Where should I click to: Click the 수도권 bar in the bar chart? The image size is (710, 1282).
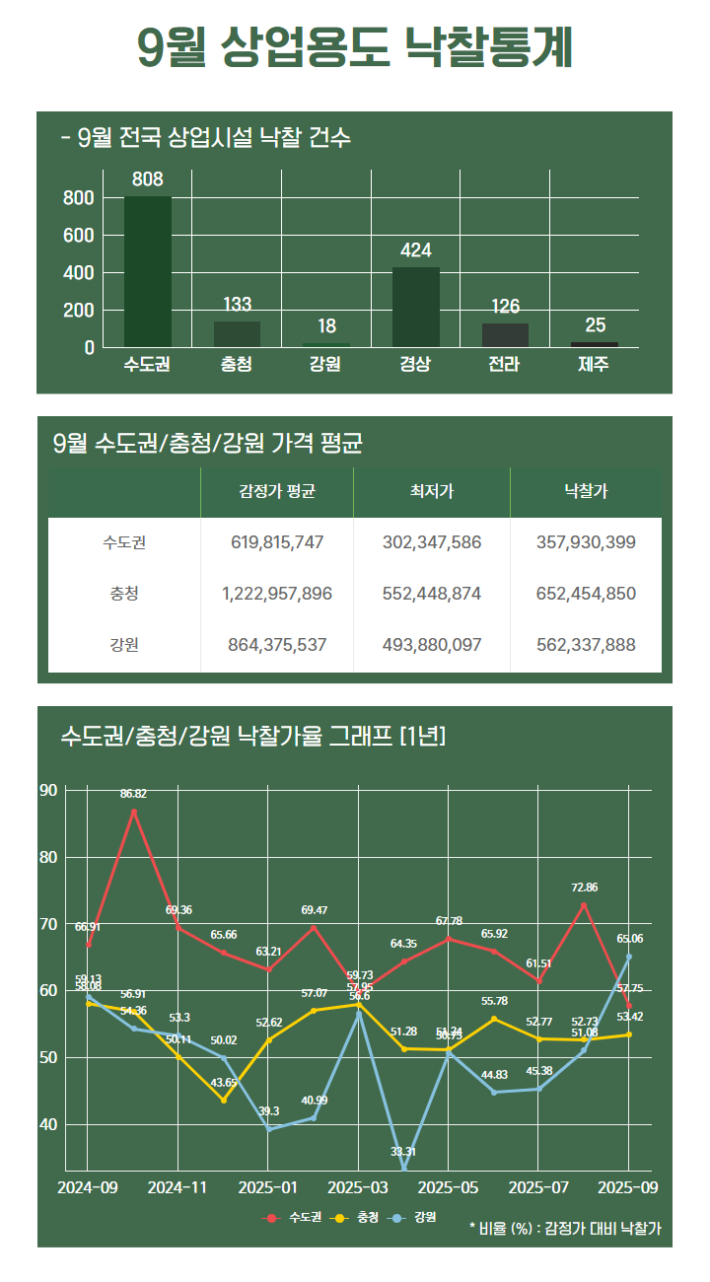[x=148, y=271]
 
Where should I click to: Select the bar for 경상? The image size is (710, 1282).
[x=416, y=307]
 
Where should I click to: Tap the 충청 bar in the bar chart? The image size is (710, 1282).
[x=237, y=334]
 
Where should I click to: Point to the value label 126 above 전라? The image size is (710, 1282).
[x=506, y=307]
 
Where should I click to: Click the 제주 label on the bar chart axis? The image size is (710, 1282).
[x=595, y=364]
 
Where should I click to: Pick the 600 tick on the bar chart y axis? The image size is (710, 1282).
[x=81, y=236]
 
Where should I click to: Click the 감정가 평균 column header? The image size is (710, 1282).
[x=277, y=491]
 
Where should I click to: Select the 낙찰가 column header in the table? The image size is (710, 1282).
[x=586, y=491]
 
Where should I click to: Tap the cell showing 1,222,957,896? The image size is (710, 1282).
[x=277, y=594]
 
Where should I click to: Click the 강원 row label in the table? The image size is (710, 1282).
[x=124, y=645]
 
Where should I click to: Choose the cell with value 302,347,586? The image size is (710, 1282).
[x=432, y=542]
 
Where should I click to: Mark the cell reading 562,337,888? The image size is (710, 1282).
[x=586, y=645]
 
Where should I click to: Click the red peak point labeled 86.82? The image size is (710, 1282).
[x=134, y=812]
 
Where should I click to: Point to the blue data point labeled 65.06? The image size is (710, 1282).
[x=629, y=957]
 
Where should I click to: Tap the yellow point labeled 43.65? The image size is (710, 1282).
[x=224, y=1100]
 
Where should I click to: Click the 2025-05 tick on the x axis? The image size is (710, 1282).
[x=449, y=1187]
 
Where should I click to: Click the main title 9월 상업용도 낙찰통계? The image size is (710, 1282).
[x=355, y=47]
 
